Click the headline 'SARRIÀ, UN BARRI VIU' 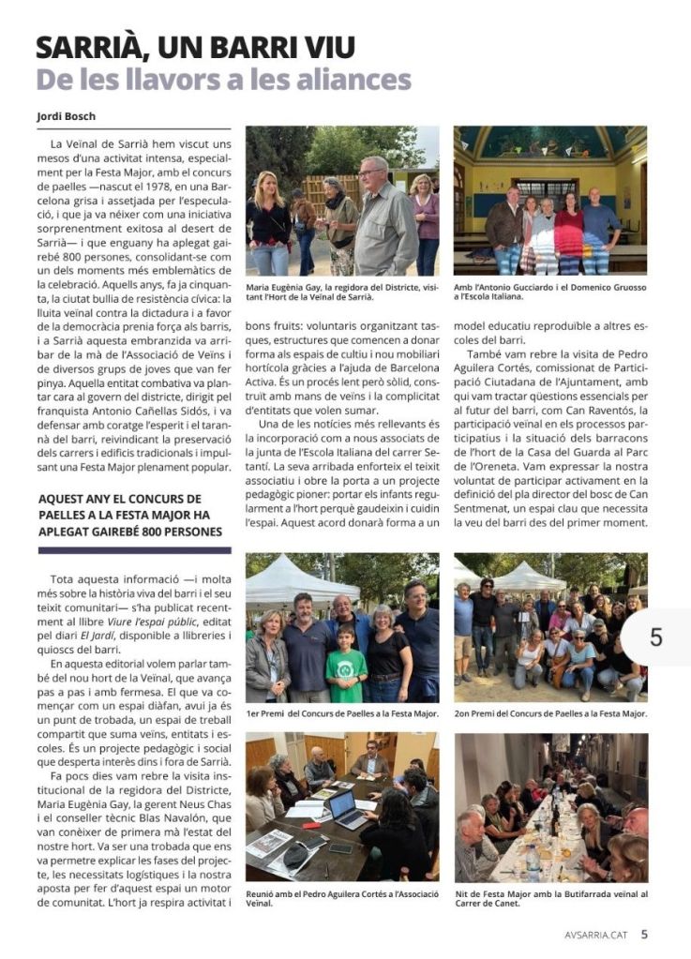(x=195, y=46)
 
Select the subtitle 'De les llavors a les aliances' (x=223, y=80)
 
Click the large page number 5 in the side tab (x=655, y=637)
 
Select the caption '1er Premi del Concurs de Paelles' (x=341, y=713)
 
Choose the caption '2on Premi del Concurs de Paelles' (x=550, y=713)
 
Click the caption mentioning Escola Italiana (x=550, y=292)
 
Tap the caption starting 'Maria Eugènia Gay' (x=341, y=292)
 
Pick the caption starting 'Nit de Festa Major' (x=550, y=899)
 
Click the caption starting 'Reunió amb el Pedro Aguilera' (x=341, y=899)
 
